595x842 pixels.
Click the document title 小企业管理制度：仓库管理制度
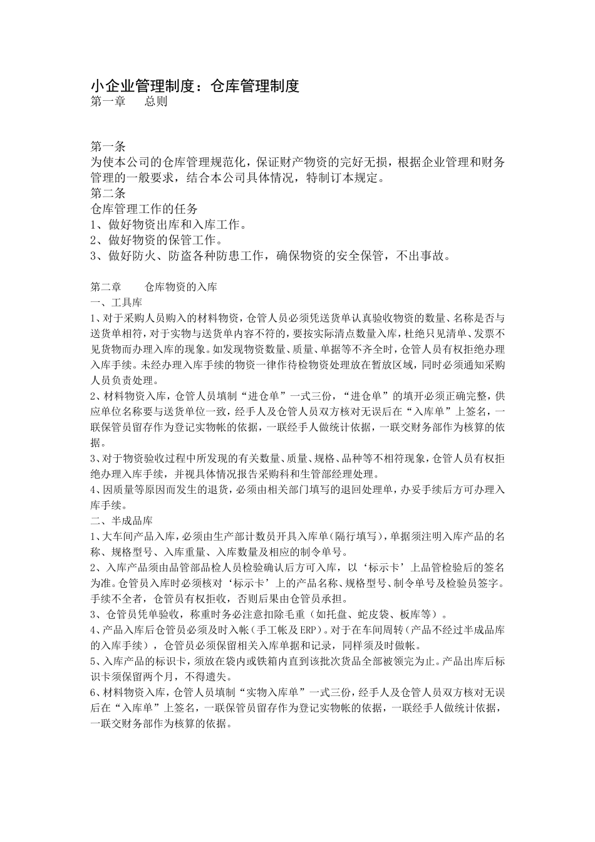point(195,86)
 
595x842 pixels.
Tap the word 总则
point(156,101)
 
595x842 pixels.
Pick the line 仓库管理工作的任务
point(144,209)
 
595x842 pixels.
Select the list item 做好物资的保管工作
point(165,240)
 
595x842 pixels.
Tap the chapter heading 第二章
point(106,288)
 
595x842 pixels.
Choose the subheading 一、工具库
point(117,303)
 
